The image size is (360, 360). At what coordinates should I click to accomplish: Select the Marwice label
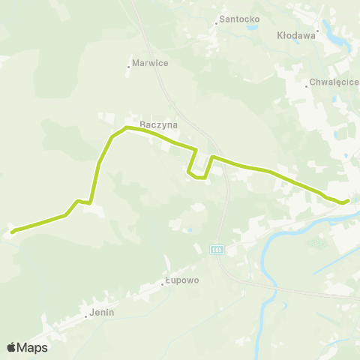(x=150, y=63)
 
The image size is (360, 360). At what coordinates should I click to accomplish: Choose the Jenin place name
(x=100, y=311)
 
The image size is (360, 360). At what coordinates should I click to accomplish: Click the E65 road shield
(x=217, y=249)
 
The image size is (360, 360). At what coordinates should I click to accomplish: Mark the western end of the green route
(x=12, y=231)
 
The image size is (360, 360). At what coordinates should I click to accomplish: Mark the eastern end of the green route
(x=347, y=200)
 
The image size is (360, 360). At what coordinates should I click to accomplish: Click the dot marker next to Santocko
(x=216, y=22)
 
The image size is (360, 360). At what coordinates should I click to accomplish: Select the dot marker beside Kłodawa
(x=318, y=31)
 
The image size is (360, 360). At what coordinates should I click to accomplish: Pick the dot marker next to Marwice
(x=128, y=67)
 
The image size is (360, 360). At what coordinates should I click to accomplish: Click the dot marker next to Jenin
(x=86, y=316)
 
